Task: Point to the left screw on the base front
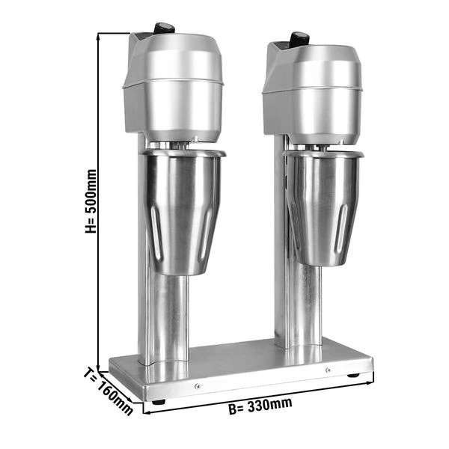click(x=197, y=386)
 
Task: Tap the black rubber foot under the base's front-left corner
click(x=157, y=403)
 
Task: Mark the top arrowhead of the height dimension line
click(x=100, y=34)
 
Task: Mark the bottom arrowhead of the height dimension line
click(x=100, y=359)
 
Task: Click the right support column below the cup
click(x=300, y=307)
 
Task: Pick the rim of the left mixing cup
click(x=184, y=154)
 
